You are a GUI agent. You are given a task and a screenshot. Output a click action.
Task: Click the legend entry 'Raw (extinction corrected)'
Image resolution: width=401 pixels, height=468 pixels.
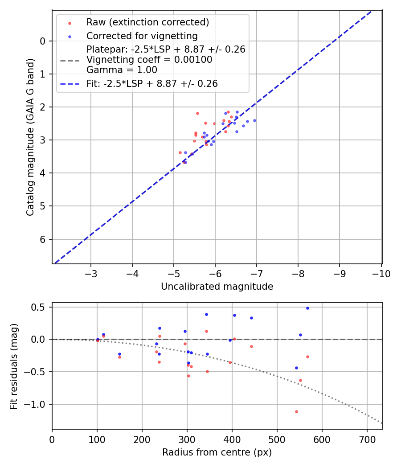click(x=147, y=22)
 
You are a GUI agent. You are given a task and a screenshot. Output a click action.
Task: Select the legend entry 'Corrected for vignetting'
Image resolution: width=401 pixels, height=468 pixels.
click(x=142, y=36)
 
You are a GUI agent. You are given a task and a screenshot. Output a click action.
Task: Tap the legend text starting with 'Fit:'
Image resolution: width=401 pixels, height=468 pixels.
click(x=152, y=83)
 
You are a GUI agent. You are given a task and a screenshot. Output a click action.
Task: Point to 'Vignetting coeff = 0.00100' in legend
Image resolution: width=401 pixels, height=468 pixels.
click(x=149, y=60)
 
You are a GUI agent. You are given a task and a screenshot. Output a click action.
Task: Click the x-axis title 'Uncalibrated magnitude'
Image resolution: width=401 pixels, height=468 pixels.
click(x=217, y=287)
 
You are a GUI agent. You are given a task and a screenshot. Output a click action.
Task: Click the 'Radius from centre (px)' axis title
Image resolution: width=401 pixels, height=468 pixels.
click(x=217, y=452)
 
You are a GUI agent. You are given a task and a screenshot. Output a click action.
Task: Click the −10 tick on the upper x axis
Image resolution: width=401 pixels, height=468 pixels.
click(x=381, y=273)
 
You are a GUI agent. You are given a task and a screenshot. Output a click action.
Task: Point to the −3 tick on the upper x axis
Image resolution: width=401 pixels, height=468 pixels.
click(x=91, y=273)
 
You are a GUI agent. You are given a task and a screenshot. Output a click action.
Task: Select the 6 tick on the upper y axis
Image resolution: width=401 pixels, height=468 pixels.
click(x=43, y=240)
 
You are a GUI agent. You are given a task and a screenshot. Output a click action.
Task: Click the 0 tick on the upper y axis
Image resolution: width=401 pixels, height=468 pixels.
click(x=43, y=41)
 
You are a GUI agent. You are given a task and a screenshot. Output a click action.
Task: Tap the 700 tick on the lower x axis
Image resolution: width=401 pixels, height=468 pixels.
click(x=367, y=439)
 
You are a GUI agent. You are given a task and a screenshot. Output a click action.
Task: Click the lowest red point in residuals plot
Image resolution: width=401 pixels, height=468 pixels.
click(x=296, y=411)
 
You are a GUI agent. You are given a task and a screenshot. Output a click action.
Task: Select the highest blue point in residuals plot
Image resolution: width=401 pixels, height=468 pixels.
click(x=307, y=308)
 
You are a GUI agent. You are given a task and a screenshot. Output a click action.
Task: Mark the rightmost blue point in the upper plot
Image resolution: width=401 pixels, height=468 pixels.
click(x=254, y=120)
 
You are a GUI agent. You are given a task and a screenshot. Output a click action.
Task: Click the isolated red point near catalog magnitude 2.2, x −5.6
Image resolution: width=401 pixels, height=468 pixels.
click(x=197, y=113)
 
